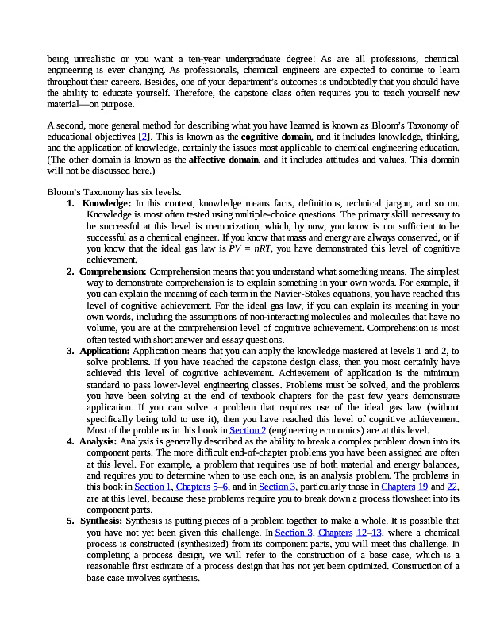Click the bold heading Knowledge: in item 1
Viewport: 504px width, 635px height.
pos(107,204)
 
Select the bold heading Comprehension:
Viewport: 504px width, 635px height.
pos(113,271)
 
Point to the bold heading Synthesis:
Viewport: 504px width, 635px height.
pos(102,521)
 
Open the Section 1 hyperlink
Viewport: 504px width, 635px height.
pos(153,486)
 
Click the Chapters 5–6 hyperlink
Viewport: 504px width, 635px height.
pos(202,486)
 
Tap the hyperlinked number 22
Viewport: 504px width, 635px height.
pos(452,486)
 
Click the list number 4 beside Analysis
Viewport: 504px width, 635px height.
pos(71,441)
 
